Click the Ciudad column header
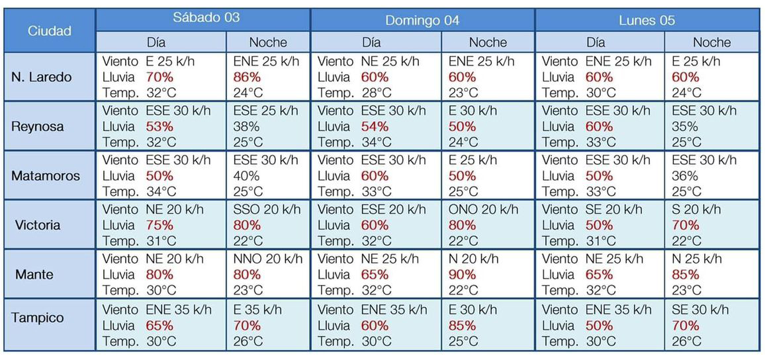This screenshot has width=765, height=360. pyautogui.click(x=50, y=31)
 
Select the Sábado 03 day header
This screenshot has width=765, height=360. pyautogui.click(x=206, y=18)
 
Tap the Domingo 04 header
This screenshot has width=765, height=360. pyautogui.click(x=422, y=20)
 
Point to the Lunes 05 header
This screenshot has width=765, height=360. pyautogui.click(x=647, y=20)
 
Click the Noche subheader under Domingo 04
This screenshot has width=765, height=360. pyautogui.click(x=488, y=42)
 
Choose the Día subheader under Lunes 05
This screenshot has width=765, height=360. pyautogui.click(x=596, y=42)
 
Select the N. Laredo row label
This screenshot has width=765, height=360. pyautogui.click(x=42, y=77)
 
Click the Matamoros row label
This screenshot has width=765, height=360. pyautogui.click(x=46, y=175)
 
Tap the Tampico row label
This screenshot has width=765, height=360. pyautogui.click(x=38, y=318)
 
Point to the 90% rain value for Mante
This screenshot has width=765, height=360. pyautogui.click(x=462, y=274)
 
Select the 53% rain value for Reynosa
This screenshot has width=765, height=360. pyautogui.click(x=159, y=126)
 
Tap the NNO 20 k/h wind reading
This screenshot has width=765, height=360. pyautogui.click(x=268, y=259)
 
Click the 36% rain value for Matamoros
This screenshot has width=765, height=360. pyautogui.click(x=684, y=175)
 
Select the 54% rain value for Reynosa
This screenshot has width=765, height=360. pyautogui.click(x=375, y=126)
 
